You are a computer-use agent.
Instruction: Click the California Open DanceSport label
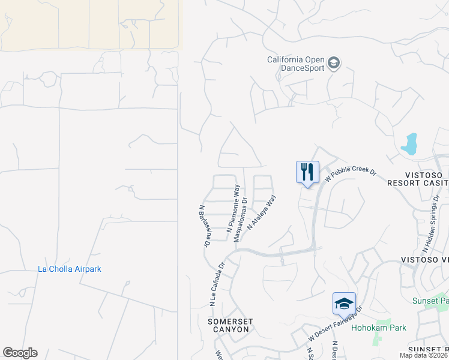(x=296, y=64)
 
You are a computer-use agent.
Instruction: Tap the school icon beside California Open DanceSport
(x=334, y=63)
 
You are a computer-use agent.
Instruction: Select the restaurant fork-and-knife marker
(x=307, y=172)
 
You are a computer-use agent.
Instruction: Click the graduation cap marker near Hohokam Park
(x=345, y=304)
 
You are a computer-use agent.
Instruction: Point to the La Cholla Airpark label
(x=70, y=269)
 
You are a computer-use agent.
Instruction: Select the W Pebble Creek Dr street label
(x=350, y=175)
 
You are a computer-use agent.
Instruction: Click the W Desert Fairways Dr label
(x=336, y=324)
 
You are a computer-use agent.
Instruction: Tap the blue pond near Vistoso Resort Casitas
(x=409, y=144)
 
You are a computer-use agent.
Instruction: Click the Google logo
(x=20, y=353)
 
